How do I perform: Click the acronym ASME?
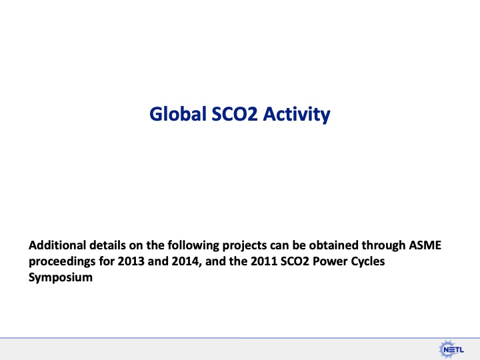click(425, 246)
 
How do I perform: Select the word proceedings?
click(61, 263)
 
